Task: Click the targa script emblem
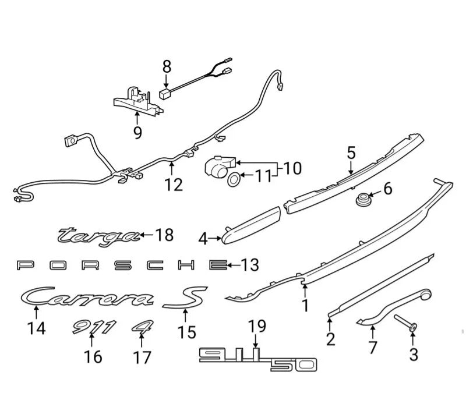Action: (x=99, y=235)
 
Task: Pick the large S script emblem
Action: (x=185, y=298)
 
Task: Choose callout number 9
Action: (x=137, y=133)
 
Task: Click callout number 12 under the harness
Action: (x=174, y=185)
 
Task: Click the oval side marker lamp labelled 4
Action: (x=250, y=226)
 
